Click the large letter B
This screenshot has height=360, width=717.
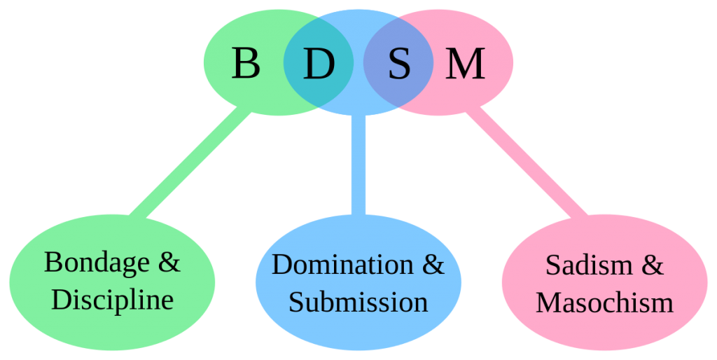pos(246,63)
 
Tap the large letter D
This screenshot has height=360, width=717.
pos(319,63)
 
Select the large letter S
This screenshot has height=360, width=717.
pos(399,63)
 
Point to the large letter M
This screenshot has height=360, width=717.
pos(465,63)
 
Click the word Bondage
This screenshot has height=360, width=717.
pos(97,264)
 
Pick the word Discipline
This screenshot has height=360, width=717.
pos(113,300)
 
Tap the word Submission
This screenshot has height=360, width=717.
pos(358,302)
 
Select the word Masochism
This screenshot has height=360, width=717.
pos(604,303)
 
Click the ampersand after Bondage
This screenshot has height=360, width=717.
pos(169,262)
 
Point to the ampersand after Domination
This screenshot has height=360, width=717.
pos(433,264)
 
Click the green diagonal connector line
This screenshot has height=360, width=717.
pos(190,162)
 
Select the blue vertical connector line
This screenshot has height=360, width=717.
pos(358,165)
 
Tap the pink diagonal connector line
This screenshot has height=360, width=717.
pos(527,162)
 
